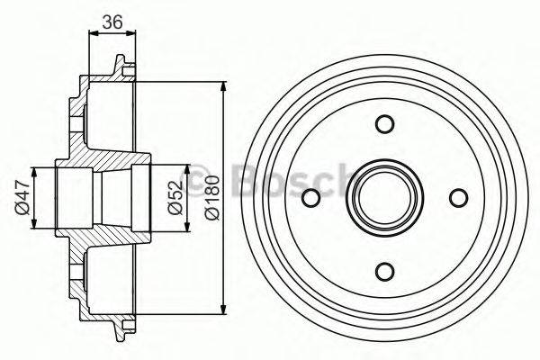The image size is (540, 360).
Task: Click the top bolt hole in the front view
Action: [384, 124]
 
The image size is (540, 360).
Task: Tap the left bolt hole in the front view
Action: [310, 198]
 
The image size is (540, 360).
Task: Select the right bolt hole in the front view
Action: [458, 198]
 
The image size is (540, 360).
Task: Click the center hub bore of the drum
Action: [384, 198]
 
